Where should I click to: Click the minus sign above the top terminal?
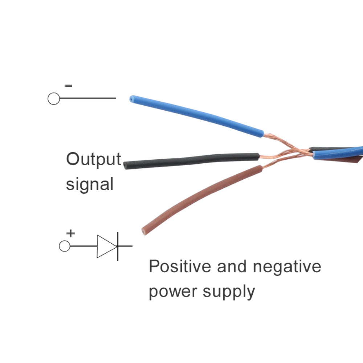[x=69, y=86]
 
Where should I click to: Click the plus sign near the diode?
[x=71, y=233]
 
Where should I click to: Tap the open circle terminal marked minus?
[x=54, y=98]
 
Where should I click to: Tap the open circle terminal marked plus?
[x=65, y=246]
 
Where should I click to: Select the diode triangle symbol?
[x=106, y=246]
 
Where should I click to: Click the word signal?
[x=89, y=184]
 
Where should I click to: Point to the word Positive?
[x=180, y=266]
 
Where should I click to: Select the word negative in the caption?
[x=287, y=267]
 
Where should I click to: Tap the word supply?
[x=229, y=291]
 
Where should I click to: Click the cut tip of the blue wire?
[x=132, y=98]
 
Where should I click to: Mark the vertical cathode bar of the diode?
[x=117, y=246]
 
